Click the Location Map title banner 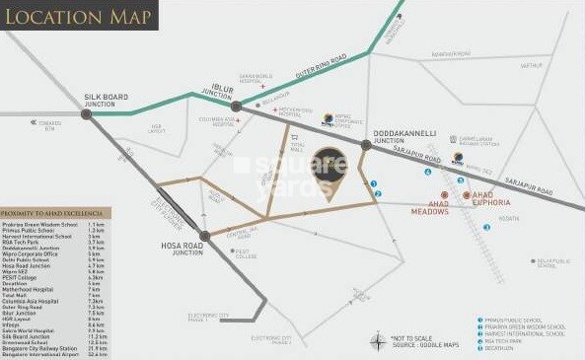pyautogui.click(x=79, y=16)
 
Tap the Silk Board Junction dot pyautogui.click(x=87, y=114)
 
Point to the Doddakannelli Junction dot pyautogui.click(x=365, y=146)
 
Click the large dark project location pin pyautogui.click(x=329, y=173)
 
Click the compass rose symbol pyautogui.click(x=379, y=342)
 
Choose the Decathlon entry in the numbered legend pyautogui.click(x=498, y=348)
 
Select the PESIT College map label pyautogui.click(x=246, y=252)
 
